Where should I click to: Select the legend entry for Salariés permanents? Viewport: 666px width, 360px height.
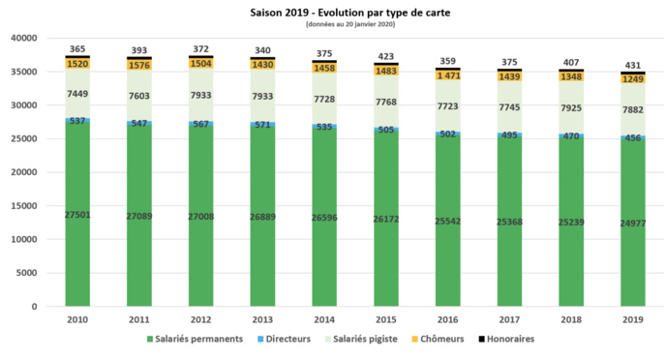click(x=196, y=339)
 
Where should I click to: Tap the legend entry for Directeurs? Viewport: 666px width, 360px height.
click(x=288, y=339)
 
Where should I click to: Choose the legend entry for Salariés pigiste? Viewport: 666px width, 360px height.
click(x=378, y=339)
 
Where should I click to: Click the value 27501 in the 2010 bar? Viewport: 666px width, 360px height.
click(x=77, y=214)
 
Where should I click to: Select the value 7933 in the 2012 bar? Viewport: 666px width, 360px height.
click(x=201, y=96)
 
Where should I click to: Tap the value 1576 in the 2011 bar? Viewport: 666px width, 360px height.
click(x=139, y=65)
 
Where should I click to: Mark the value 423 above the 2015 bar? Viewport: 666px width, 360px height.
click(x=386, y=55)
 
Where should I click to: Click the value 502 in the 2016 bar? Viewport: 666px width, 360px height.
click(x=448, y=135)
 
